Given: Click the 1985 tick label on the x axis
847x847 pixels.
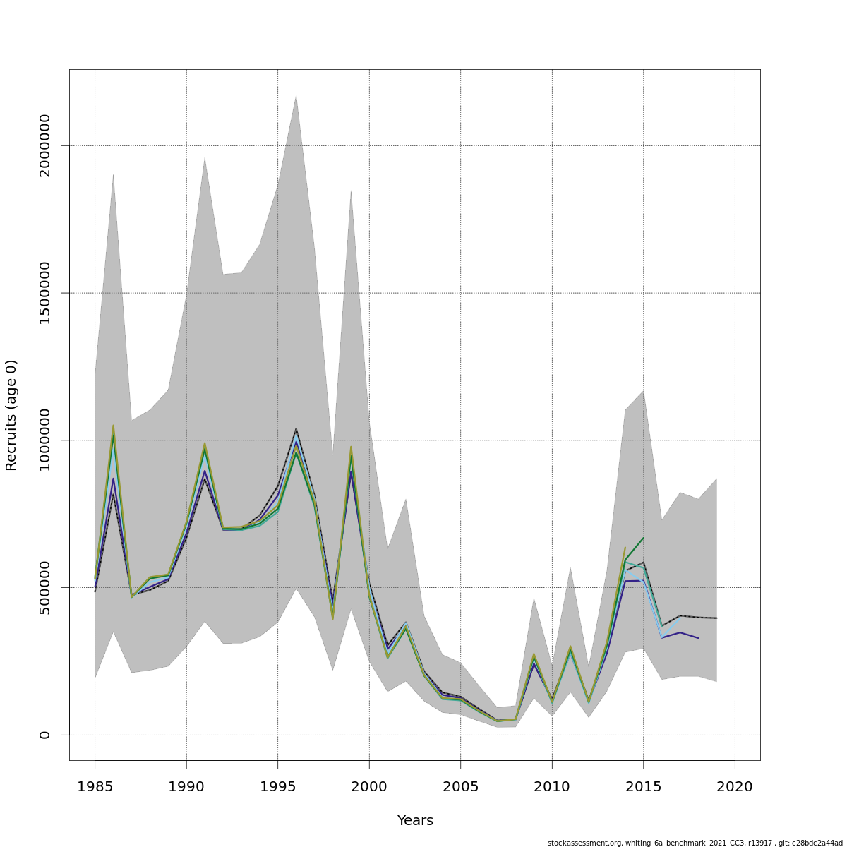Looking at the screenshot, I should (95, 786).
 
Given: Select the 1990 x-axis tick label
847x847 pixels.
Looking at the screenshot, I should (186, 786).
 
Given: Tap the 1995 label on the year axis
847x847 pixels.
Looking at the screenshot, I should (277, 786).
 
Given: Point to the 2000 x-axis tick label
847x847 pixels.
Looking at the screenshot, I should (369, 786).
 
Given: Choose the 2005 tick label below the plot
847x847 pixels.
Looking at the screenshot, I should (460, 786).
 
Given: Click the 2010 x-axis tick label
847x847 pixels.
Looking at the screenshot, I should (552, 786).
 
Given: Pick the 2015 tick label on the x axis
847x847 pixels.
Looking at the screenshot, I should (643, 786).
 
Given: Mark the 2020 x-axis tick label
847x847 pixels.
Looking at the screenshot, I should (735, 786).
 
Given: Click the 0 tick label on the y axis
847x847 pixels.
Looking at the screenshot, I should (45, 735).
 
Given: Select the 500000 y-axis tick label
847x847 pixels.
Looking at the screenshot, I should (45, 587).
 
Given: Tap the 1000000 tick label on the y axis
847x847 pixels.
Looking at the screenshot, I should (45, 440).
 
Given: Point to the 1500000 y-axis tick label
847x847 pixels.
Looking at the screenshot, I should (45, 293).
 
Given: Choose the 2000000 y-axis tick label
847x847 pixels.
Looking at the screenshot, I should (45, 145).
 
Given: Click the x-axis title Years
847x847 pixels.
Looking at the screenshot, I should (415, 821).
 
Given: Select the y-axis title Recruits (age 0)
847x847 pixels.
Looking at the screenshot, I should (11, 415).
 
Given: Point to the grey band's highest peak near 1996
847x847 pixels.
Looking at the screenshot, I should (296, 95).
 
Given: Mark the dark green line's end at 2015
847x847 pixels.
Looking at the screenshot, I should (643, 538).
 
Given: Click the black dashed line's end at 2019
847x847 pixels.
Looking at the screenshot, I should (716, 618).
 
